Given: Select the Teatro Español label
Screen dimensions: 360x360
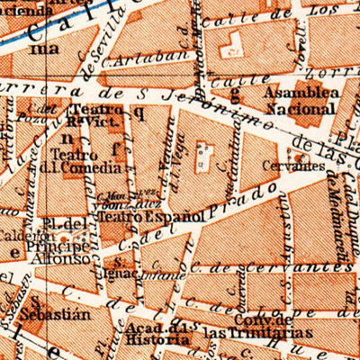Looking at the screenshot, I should pos(142,216).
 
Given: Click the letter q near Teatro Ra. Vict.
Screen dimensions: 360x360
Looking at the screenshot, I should pos(139,112).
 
